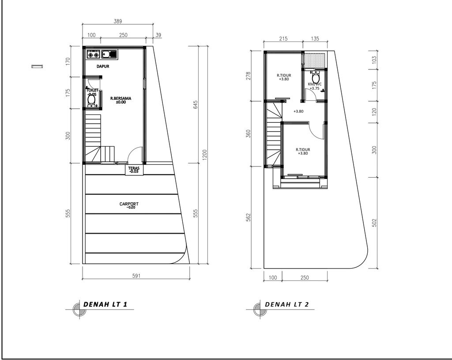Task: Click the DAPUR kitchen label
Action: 103,66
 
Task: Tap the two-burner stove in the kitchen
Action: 94,55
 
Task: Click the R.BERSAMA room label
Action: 121,100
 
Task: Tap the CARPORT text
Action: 129,205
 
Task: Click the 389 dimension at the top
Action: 117,21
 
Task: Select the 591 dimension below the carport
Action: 136,276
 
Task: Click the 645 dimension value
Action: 195,104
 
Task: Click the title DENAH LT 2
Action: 286,304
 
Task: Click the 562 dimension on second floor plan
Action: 248,217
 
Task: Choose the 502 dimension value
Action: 375,222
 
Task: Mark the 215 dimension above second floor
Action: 283,39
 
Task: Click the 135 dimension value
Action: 315,39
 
